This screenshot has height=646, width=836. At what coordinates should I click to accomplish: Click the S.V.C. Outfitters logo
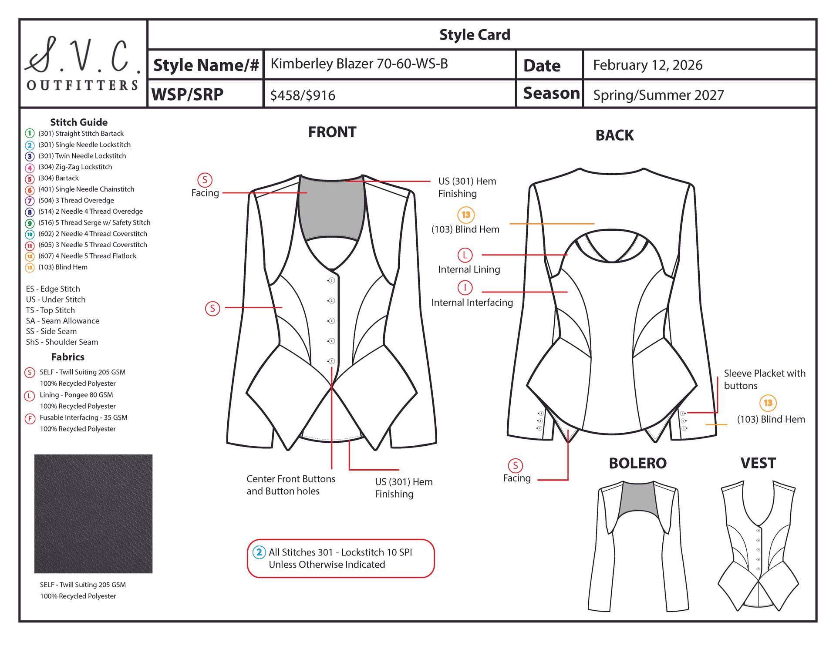[x=83, y=64]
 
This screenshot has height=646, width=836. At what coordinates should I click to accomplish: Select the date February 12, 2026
[x=647, y=65]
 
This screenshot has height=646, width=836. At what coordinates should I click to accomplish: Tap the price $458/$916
[x=303, y=95]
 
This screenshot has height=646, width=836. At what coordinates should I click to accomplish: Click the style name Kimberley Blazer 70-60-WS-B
[x=359, y=64]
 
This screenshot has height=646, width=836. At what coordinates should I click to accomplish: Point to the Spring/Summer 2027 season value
[x=658, y=95]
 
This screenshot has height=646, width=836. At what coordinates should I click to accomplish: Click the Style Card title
[x=475, y=35]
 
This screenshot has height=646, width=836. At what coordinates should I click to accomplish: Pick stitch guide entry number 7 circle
[x=30, y=201]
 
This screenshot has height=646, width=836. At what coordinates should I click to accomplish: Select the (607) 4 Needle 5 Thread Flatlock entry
[x=87, y=256]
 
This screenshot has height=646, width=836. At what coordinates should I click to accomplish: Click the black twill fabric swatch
[x=93, y=514]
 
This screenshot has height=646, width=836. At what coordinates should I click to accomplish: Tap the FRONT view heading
[x=332, y=132]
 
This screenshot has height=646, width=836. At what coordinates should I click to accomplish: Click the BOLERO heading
[x=637, y=463]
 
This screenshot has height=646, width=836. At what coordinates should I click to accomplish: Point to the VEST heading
[x=758, y=463]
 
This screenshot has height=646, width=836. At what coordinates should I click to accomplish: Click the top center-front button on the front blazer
[x=331, y=280]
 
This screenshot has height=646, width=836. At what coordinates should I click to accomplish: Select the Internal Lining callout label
[x=469, y=269]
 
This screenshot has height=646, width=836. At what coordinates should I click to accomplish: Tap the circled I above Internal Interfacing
[x=465, y=288]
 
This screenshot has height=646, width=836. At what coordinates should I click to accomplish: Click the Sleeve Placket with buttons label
[x=765, y=380]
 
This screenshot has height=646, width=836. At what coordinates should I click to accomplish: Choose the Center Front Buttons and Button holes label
[x=291, y=485]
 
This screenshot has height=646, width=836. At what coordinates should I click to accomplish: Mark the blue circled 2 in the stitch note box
[x=259, y=552]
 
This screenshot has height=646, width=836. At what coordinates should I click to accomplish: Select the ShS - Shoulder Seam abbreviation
[x=62, y=342]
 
